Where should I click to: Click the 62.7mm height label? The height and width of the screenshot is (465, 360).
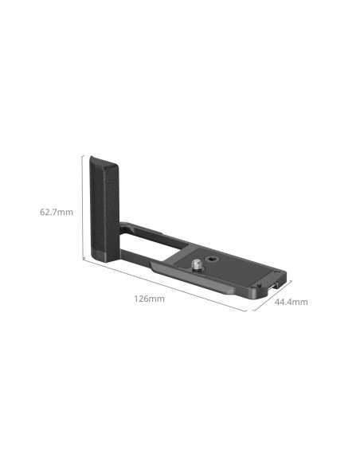point(57,213)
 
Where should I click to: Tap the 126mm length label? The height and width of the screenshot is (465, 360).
point(149,299)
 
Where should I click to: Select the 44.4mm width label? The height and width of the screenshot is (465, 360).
point(291,303)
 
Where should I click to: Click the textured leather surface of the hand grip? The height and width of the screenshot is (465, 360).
point(104,208)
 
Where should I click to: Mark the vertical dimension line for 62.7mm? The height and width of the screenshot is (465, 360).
point(82,208)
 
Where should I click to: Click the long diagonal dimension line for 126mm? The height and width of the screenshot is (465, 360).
point(165,285)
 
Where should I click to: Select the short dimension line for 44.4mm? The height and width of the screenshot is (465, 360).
point(272,295)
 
